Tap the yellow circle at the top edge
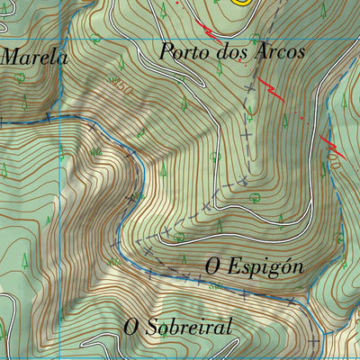pos(241,2)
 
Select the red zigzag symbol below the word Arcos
pos(271,89)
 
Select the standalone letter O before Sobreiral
pos(131,326)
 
